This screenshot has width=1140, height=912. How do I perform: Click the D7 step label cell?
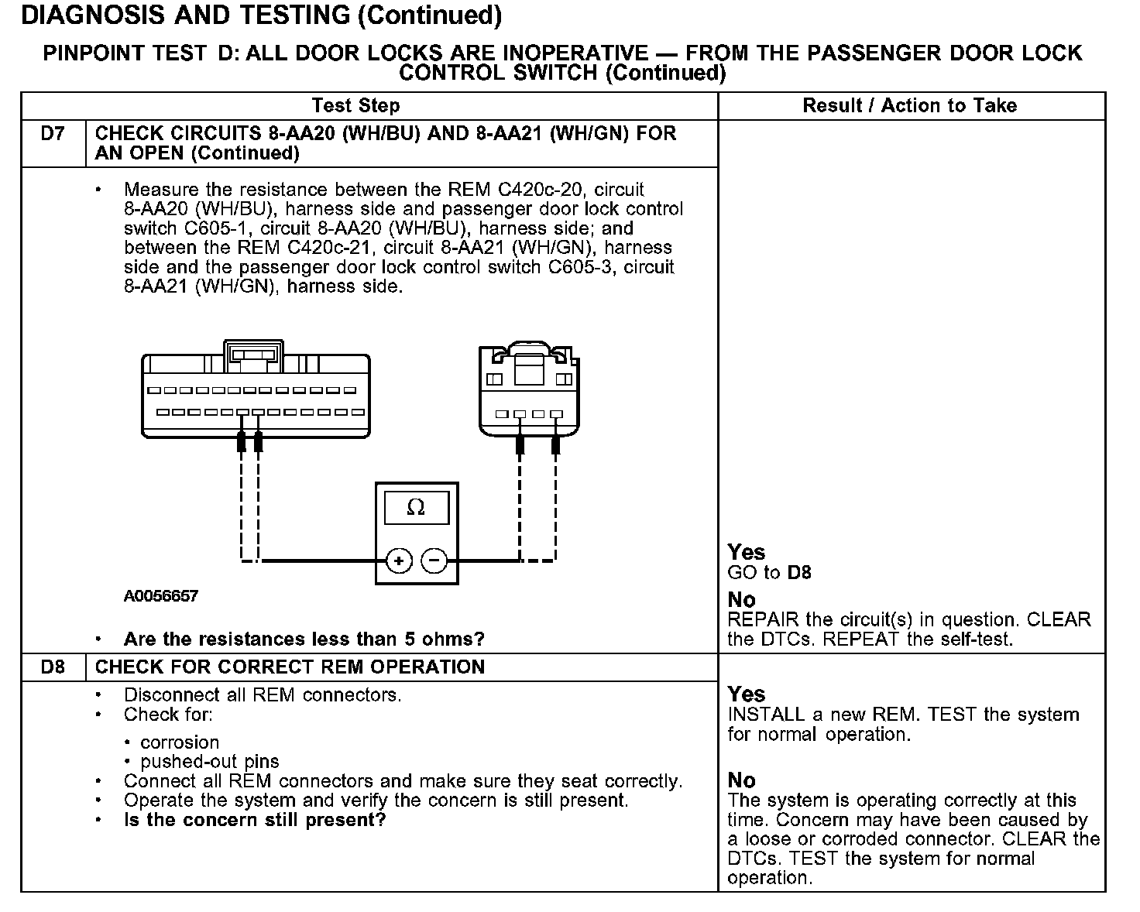(53, 134)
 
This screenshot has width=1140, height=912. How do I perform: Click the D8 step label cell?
(53, 667)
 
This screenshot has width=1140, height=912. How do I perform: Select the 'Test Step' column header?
(355, 105)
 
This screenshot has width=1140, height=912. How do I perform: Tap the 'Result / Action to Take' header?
(910, 105)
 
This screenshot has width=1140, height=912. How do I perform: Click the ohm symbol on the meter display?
(416, 508)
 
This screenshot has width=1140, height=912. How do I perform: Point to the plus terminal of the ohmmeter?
(398, 560)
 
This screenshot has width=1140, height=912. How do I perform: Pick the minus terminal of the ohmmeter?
(435, 560)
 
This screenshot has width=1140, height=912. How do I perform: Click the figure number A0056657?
(161, 596)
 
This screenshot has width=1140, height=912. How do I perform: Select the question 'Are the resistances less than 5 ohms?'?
(304, 639)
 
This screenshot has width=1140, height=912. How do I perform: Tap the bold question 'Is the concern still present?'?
(255, 820)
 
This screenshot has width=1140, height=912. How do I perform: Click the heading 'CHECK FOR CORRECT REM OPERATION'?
(290, 667)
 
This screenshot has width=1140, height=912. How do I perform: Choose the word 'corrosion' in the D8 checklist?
(180, 742)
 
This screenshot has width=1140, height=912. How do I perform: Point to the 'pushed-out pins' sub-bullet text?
(210, 761)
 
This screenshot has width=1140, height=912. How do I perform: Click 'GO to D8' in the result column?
(769, 573)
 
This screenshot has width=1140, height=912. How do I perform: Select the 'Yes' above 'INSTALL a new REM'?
(747, 694)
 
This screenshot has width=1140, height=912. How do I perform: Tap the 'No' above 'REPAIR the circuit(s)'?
(742, 600)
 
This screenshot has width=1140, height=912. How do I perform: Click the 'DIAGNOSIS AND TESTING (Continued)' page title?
(261, 15)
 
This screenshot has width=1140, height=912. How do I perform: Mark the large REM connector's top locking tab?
(253, 352)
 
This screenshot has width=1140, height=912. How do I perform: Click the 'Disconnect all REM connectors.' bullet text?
(263, 694)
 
